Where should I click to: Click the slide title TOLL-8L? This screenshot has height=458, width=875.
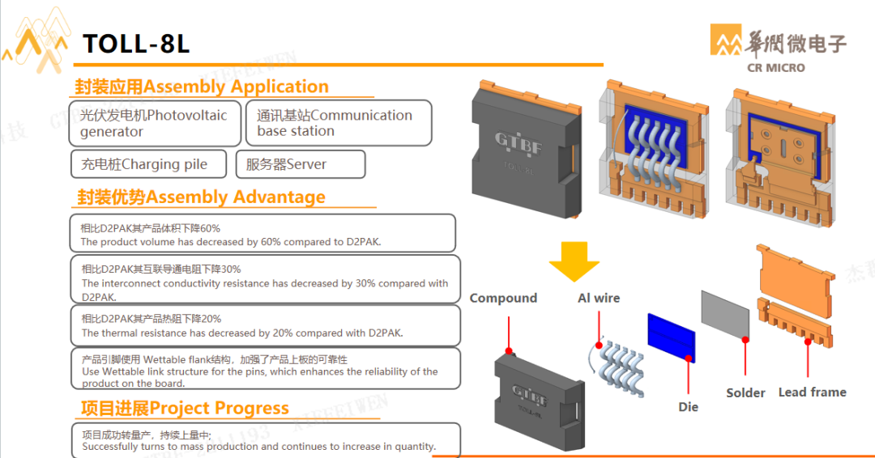[x=136, y=43]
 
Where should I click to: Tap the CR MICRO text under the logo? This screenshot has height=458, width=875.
[x=775, y=68]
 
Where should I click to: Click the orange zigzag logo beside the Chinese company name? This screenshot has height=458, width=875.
[x=727, y=40]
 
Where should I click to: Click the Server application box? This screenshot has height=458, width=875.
[x=300, y=164]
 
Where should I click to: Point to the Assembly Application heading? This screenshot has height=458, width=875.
[x=202, y=87]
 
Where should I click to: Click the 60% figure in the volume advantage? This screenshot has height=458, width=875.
[x=210, y=228]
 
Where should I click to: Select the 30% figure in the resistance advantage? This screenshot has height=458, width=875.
[x=230, y=269]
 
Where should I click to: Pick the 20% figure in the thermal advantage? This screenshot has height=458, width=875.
[x=210, y=319]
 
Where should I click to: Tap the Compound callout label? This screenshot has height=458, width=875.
[x=503, y=298]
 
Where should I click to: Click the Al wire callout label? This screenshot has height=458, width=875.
[x=598, y=298]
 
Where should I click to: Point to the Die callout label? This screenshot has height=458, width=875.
[x=688, y=407]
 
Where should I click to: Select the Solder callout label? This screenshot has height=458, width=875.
[x=745, y=392]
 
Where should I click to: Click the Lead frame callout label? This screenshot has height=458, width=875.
[x=812, y=392]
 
